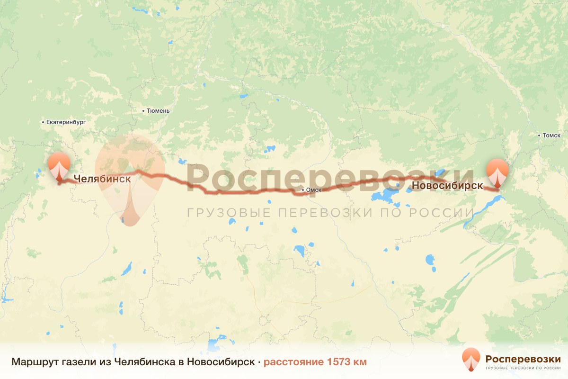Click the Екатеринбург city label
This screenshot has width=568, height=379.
pyautogui.click(x=66, y=122)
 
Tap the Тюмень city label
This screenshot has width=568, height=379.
pyautogui.click(x=158, y=111)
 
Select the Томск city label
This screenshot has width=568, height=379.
pyautogui.click(x=551, y=135)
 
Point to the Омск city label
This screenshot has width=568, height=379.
pyautogui.click(x=314, y=190)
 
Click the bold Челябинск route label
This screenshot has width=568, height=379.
pyautogui.click(x=102, y=179)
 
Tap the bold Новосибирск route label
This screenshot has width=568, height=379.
pyautogui.click(x=447, y=186)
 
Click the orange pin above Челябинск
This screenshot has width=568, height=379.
pyautogui.click(x=59, y=166)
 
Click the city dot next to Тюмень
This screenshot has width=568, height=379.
pyautogui.click(x=143, y=111)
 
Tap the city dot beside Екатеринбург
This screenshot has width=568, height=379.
pyautogui.click(x=43, y=122)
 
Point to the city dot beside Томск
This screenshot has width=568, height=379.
pyautogui.click(x=539, y=135)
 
